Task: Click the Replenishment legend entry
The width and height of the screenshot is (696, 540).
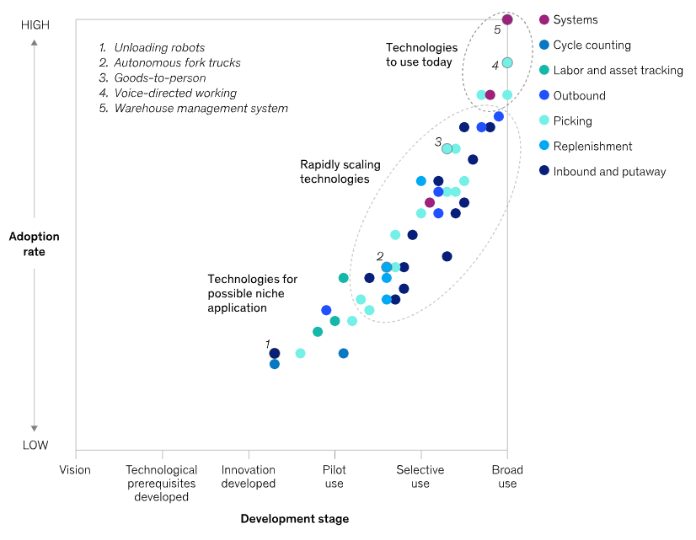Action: click(x=592, y=147)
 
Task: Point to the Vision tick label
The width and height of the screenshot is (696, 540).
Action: click(x=75, y=470)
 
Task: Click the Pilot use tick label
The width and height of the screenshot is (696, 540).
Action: click(x=334, y=477)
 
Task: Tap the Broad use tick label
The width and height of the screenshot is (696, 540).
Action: click(x=507, y=477)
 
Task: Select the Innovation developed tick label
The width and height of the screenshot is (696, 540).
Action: click(x=249, y=477)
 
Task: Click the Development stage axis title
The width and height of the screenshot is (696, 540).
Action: click(x=294, y=519)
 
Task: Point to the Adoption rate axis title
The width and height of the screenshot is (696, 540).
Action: click(x=34, y=244)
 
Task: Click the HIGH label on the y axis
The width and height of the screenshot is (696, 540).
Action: click(x=35, y=25)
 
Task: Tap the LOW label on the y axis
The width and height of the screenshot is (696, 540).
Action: click(x=35, y=446)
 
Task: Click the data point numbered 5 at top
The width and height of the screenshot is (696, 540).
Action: click(x=507, y=19)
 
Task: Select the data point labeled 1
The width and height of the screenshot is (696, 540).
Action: click(x=274, y=353)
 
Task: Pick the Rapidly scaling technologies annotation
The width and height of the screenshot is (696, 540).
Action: click(x=335, y=172)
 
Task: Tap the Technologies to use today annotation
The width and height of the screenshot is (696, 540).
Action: click(x=421, y=55)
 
